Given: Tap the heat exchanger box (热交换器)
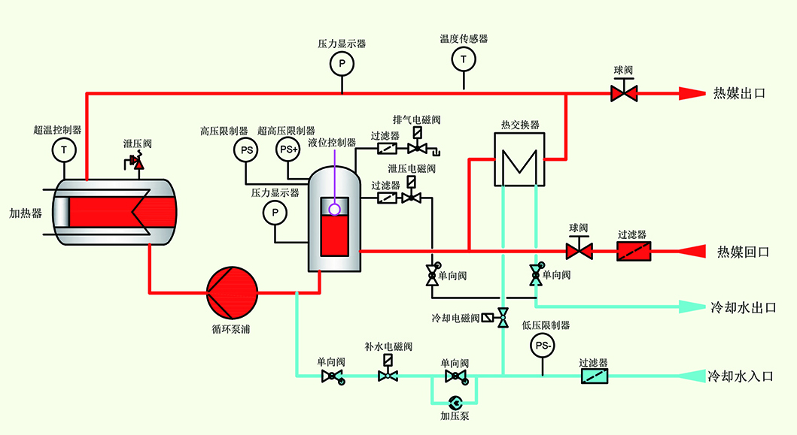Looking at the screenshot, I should (x=520, y=159).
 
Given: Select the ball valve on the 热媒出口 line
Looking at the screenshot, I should (x=624, y=93).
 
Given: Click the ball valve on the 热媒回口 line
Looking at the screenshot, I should (x=579, y=249).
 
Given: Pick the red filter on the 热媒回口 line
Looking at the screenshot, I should (x=633, y=250).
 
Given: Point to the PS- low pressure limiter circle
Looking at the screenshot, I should (x=543, y=346).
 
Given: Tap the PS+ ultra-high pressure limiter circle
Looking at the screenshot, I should (x=288, y=150).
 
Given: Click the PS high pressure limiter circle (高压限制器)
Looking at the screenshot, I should (x=247, y=150).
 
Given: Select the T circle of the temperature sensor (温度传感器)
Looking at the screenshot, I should (x=464, y=59).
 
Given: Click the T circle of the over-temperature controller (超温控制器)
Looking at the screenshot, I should (x=64, y=150).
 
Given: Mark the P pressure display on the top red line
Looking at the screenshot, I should (x=342, y=65).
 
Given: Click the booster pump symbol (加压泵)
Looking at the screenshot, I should (x=455, y=401).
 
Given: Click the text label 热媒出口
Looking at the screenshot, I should (x=739, y=94).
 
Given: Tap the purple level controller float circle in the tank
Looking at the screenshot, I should (x=334, y=210).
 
